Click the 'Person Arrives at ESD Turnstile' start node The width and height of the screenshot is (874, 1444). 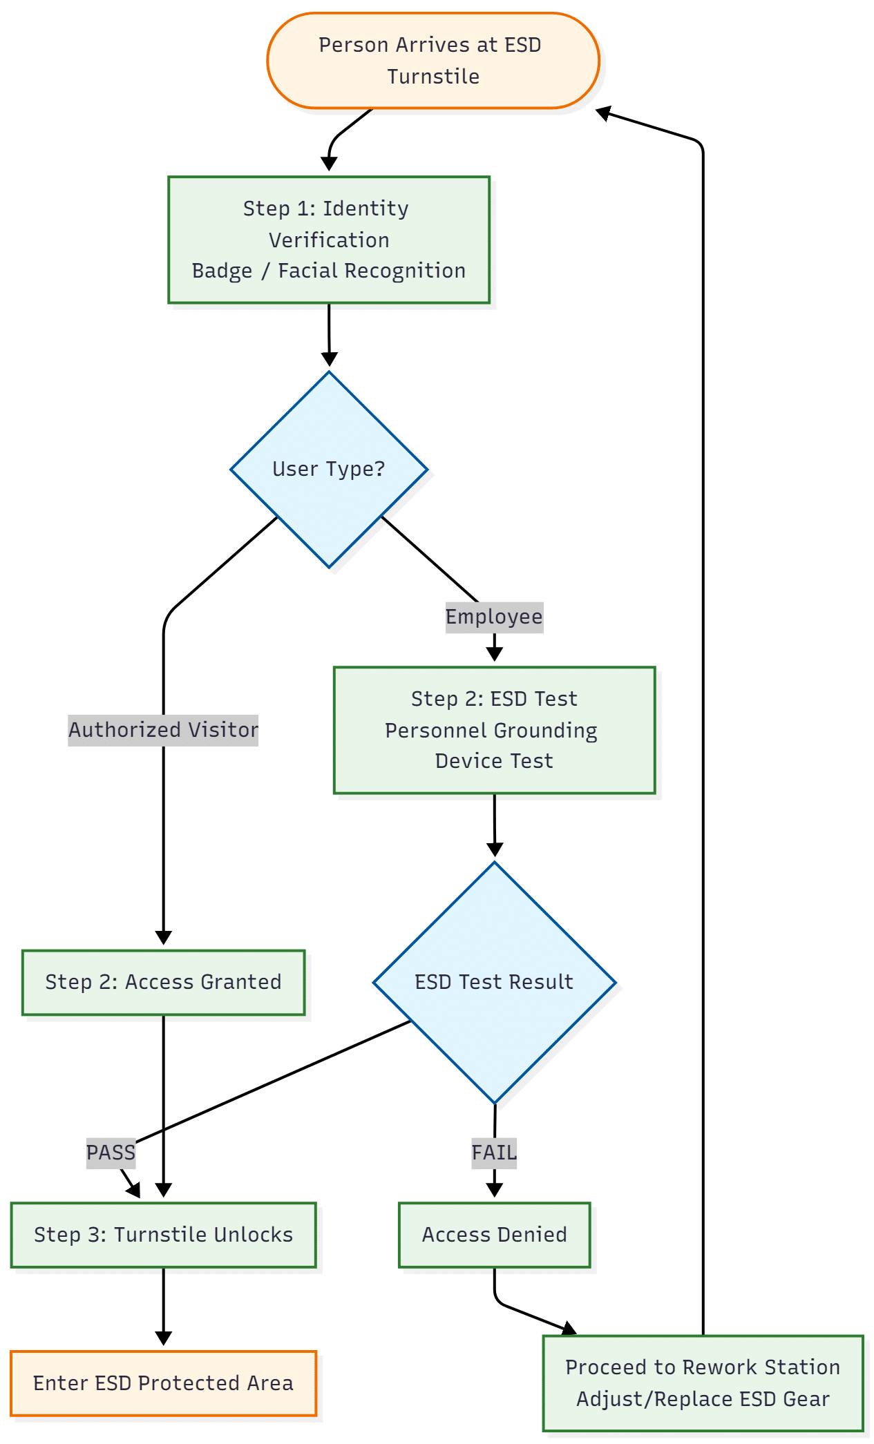[433, 61]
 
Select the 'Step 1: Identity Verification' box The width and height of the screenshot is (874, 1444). [329, 239]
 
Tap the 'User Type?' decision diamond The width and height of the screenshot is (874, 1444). [329, 469]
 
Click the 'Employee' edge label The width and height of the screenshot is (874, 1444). [494, 617]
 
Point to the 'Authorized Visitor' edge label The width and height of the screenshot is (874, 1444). [163, 730]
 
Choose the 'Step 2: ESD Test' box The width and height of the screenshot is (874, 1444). [494, 730]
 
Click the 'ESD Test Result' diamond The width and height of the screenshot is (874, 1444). [494, 981]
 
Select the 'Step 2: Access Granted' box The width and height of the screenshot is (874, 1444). [163, 982]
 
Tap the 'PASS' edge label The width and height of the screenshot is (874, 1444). [111, 1153]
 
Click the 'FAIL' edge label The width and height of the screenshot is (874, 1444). [494, 1153]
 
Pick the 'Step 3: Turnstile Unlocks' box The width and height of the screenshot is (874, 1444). [163, 1235]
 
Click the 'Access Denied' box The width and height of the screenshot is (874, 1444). [494, 1235]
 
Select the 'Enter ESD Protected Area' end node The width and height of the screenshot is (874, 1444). [163, 1383]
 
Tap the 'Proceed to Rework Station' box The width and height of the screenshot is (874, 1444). [703, 1383]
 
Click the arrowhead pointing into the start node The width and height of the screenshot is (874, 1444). [603, 113]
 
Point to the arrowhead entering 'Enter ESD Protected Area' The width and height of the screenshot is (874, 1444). [163, 1338]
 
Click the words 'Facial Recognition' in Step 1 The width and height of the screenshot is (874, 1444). [372, 271]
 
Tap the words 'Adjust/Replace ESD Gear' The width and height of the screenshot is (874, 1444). [703, 1399]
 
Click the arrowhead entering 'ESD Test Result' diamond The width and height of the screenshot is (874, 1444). [495, 849]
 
